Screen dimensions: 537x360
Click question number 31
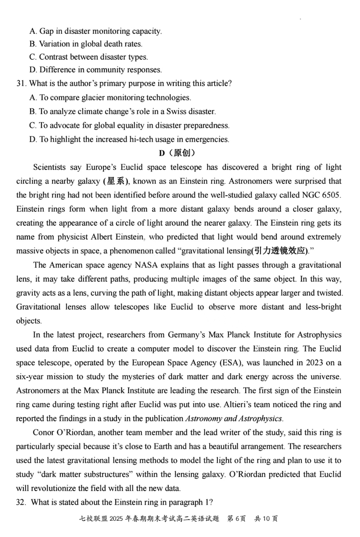point(21,83)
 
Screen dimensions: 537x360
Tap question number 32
point(22,503)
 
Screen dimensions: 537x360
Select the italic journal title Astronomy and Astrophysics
point(234,418)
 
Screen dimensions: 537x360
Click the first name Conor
point(44,433)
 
